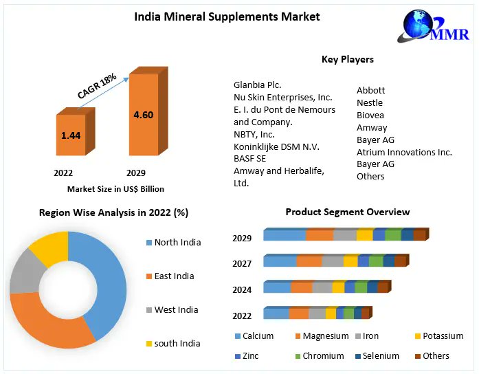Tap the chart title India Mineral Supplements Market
(227, 16)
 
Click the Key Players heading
(348, 59)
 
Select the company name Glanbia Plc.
(258, 85)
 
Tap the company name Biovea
(370, 115)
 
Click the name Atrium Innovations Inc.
(404, 152)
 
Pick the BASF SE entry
(249, 158)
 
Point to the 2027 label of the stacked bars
(242, 263)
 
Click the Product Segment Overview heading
(348, 212)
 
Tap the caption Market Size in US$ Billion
(115, 188)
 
